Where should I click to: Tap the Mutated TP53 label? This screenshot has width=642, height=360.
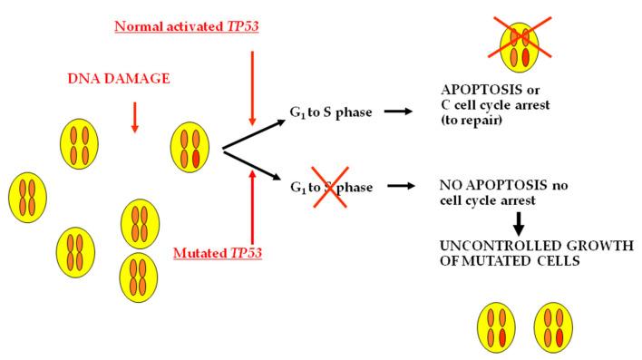tap(218, 252)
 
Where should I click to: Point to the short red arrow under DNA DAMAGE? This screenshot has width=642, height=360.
tap(134, 116)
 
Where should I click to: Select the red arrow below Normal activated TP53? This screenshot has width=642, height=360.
tap(253, 86)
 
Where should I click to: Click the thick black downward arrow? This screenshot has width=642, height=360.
tap(520, 222)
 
